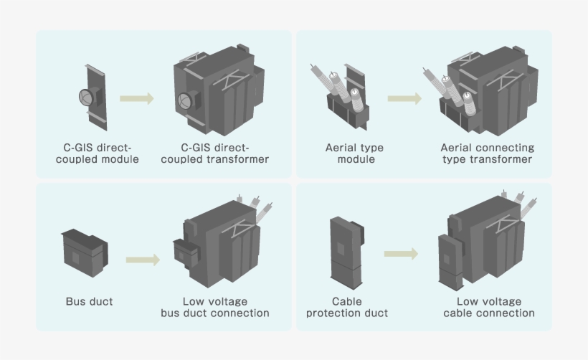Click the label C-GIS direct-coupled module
coord(97,153)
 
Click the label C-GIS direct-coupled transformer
coord(214,153)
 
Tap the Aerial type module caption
coord(355,153)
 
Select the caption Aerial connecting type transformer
coord(487,153)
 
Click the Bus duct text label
coord(89,301)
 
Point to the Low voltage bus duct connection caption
coord(215,307)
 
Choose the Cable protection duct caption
coord(347,307)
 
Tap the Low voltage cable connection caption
coord(488,307)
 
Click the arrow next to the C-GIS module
coord(136,98)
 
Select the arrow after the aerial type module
coord(404,98)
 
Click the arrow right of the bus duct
coord(143,260)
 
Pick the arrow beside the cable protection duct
coord(400,254)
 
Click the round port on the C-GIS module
coord(85,95)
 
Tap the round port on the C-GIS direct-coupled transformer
coord(184,100)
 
